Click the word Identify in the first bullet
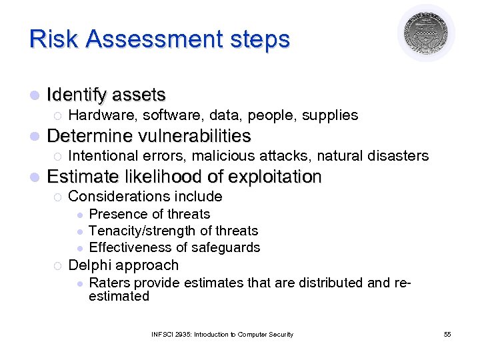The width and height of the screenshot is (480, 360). (76, 95)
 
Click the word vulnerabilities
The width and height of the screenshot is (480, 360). (195, 136)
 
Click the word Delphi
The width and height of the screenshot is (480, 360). (89, 265)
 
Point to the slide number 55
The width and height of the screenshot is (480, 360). (447, 334)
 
